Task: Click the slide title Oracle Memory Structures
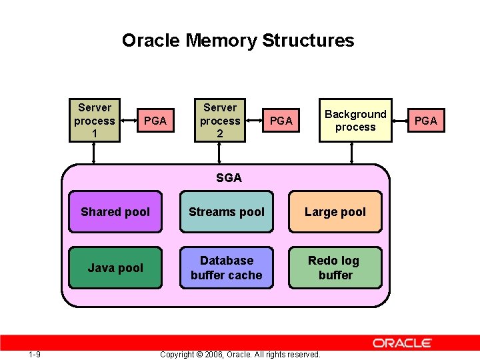point(238,41)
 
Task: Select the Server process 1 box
point(95,121)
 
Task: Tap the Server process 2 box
point(220,121)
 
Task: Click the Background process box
point(355,121)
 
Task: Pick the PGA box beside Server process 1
point(155,121)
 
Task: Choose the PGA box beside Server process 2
point(281,121)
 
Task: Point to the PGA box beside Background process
point(425,121)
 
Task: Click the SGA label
point(229,178)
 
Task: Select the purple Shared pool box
point(115,212)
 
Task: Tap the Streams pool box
point(227,212)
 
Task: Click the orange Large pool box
point(335,212)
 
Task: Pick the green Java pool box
point(115,268)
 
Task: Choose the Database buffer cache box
point(227,268)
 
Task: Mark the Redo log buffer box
point(335,268)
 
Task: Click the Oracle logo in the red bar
point(402,343)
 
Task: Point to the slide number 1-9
point(35,354)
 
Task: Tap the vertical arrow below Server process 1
point(94,153)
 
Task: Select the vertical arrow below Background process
point(351,153)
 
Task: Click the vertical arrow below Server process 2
point(220,153)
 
